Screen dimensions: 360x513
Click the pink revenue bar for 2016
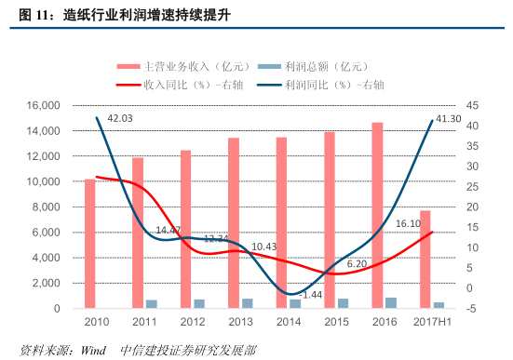pyautogui.click(x=377, y=215)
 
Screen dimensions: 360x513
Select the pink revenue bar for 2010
pyautogui.click(x=89, y=243)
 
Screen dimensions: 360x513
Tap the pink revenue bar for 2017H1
pyautogui.click(x=425, y=260)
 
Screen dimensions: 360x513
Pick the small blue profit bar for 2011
pyautogui.click(x=151, y=303)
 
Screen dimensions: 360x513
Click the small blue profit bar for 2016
pyautogui.click(x=390, y=302)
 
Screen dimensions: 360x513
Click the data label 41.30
pyautogui.click(x=450, y=119)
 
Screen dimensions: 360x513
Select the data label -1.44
pyautogui.click(x=312, y=294)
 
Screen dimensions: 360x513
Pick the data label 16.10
pyautogui.click(x=408, y=224)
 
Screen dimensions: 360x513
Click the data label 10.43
pyautogui.click(x=263, y=247)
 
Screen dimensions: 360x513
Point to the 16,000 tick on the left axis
pyautogui.click(x=55, y=106)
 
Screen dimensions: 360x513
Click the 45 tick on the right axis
pyautogui.click(x=472, y=106)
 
